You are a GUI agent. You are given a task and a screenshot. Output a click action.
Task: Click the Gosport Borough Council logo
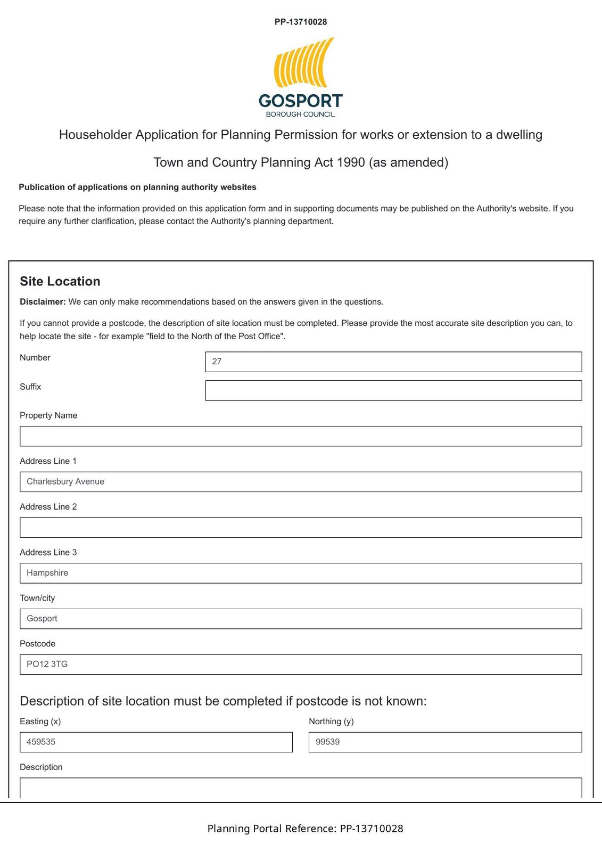pos(301,78)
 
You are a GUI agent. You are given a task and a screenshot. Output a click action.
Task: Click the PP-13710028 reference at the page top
pos(301,22)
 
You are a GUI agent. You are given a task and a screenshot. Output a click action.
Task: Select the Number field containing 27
pos(393,362)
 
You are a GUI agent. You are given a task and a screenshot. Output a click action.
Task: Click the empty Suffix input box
pos(393,390)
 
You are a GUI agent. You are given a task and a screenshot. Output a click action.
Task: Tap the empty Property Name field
pos(301,436)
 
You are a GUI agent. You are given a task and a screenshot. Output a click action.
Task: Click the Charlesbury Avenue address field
pos(301,482)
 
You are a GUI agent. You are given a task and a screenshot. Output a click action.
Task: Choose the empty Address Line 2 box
pos(301,528)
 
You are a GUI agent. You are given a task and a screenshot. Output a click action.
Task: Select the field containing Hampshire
pos(301,573)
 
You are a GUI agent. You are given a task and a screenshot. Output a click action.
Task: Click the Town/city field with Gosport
pos(301,619)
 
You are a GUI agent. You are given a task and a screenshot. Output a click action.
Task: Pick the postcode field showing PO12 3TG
pos(301,665)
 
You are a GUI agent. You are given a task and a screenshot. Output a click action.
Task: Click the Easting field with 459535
pos(156,742)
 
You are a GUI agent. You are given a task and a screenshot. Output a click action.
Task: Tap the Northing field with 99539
pos(445,742)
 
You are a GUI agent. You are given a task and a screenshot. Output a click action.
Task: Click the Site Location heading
pos(60,282)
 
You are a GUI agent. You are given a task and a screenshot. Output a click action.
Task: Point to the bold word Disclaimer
pos(43,302)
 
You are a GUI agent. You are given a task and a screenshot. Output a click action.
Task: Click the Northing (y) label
pos(331,722)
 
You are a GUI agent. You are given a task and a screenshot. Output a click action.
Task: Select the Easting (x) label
pos(40,722)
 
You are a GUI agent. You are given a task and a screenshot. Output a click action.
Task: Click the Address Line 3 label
pos(48,553)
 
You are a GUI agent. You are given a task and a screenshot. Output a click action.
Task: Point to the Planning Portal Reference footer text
pos(305,829)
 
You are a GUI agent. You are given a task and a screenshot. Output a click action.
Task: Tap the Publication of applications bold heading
pos(137,187)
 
